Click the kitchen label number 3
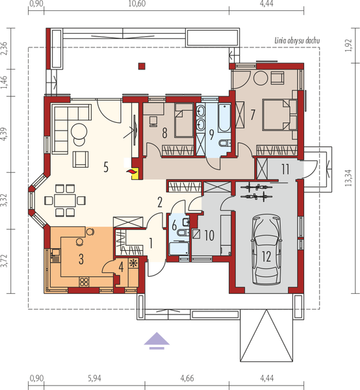tap(81, 259)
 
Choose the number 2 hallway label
tap(159, 201)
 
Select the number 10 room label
tap(209, 235)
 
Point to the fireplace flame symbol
tap(134, 171)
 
